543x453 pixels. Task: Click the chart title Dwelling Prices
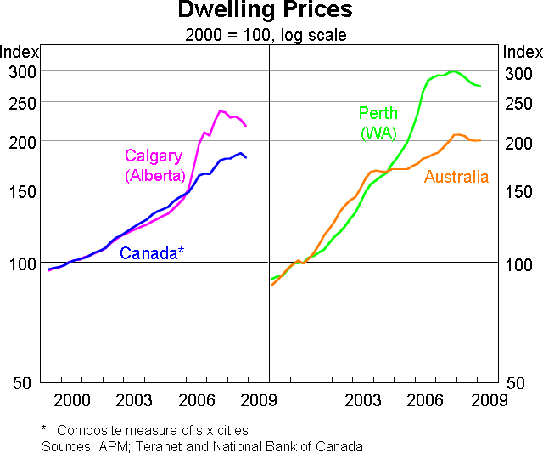[265, 11]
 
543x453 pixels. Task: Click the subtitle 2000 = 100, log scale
[265, 35]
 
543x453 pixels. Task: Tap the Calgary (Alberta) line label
[154, 166]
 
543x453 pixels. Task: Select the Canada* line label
[152, 252]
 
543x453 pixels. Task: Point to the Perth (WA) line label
[378, 123]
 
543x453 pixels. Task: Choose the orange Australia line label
[456, 177]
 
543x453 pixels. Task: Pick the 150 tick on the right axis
[519, 191]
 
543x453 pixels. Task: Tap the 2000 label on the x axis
[71, 399]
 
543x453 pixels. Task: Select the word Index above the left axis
[20, 52]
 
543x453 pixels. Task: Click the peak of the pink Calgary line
[221, 110]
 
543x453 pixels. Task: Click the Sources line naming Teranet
[202, 445]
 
